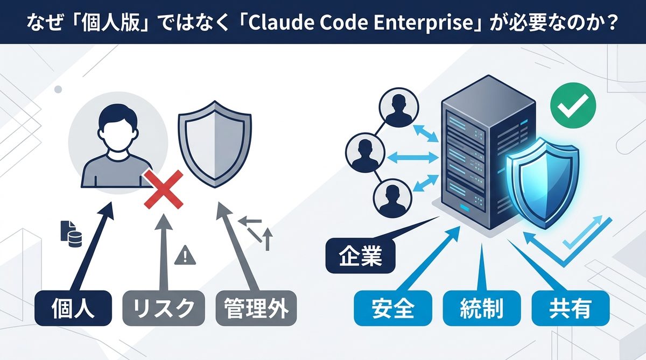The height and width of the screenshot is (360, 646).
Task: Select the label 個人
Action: pos(73,308)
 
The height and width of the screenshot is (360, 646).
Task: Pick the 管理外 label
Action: pos(256,308)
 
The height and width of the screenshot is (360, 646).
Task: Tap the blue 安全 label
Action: pos(393,308)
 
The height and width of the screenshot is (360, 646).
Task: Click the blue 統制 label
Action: pos(481,308)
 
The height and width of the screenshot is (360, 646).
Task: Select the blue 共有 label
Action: pos(571,308)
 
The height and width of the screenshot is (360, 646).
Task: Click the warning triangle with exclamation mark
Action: pos(185,255)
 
